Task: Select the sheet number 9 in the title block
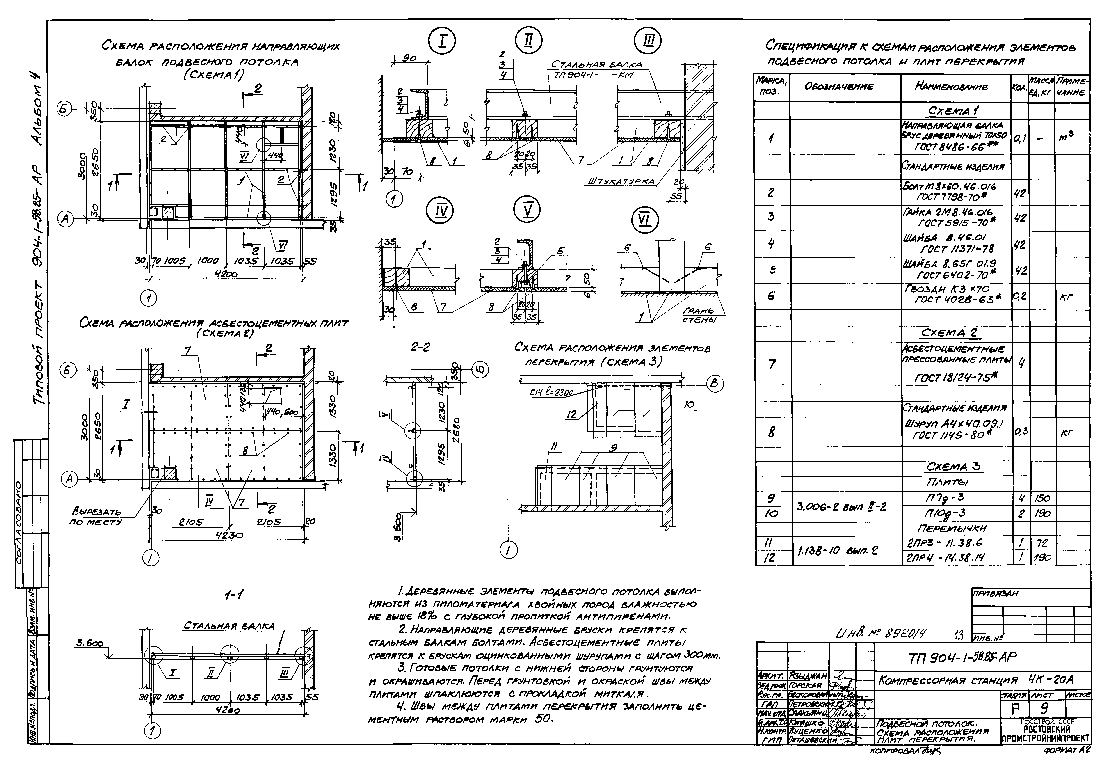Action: point(1044,709)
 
